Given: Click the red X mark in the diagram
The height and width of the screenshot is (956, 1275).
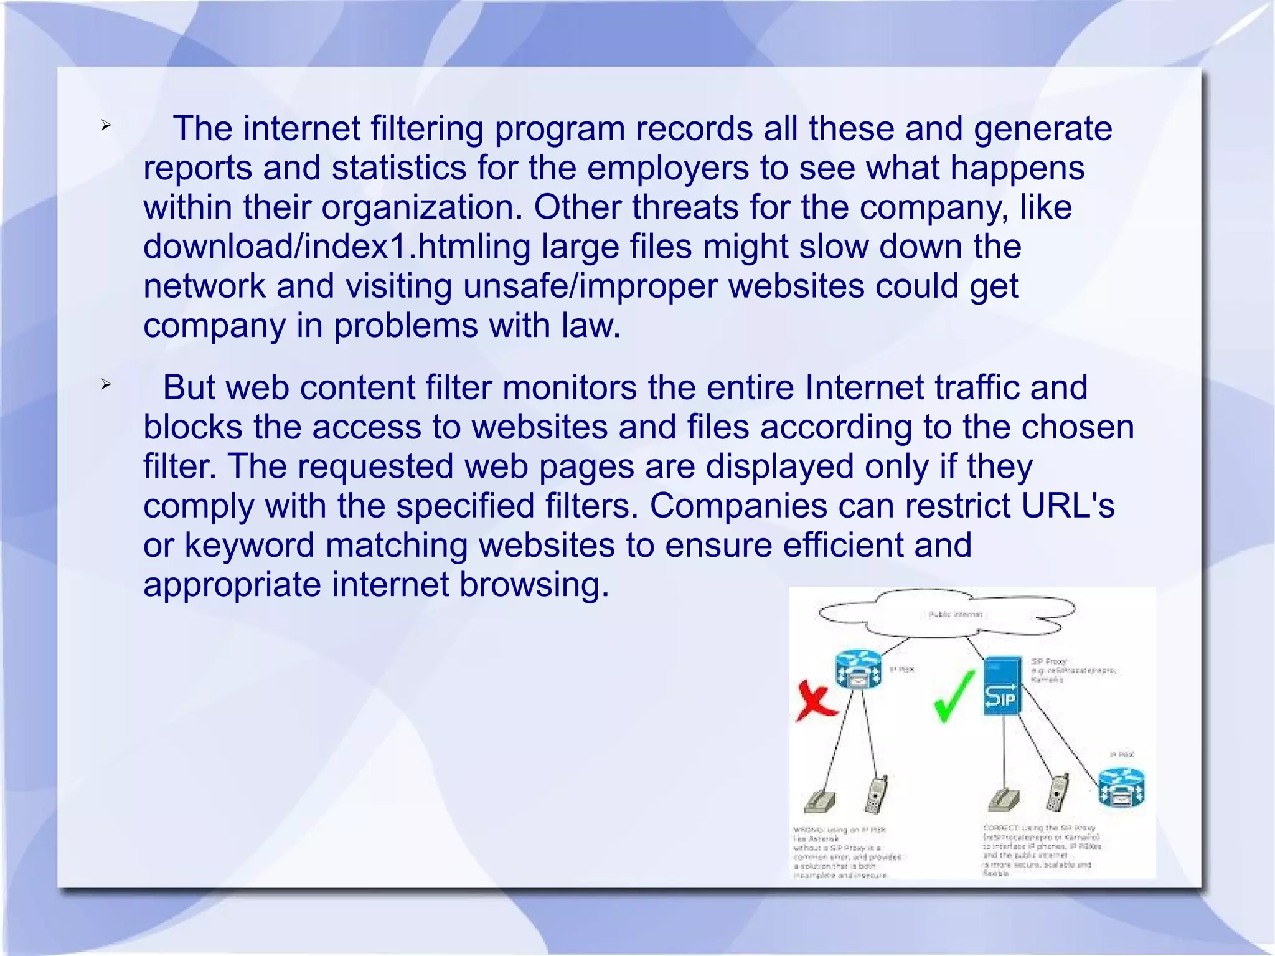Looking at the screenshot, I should click(x=816, y=704).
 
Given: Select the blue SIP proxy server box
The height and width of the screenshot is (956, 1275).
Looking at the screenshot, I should click(x=1003, y=684).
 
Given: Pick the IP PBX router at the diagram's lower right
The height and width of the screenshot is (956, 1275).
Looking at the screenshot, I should click(x=1121, y=787).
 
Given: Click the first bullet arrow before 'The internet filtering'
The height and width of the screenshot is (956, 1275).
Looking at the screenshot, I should click(x=106, y=126).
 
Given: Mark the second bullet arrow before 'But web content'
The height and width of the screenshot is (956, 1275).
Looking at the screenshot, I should click(x=106, y=385).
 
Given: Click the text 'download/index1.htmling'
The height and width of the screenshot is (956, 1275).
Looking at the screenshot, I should click(x=337, y=247).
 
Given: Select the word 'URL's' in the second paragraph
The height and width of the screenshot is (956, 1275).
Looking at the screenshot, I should click(x=1068, y=506).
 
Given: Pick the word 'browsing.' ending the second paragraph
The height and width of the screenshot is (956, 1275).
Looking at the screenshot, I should click(x=534, y=584).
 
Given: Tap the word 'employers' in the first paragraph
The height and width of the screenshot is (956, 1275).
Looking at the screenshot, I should click(x=668, y=168).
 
